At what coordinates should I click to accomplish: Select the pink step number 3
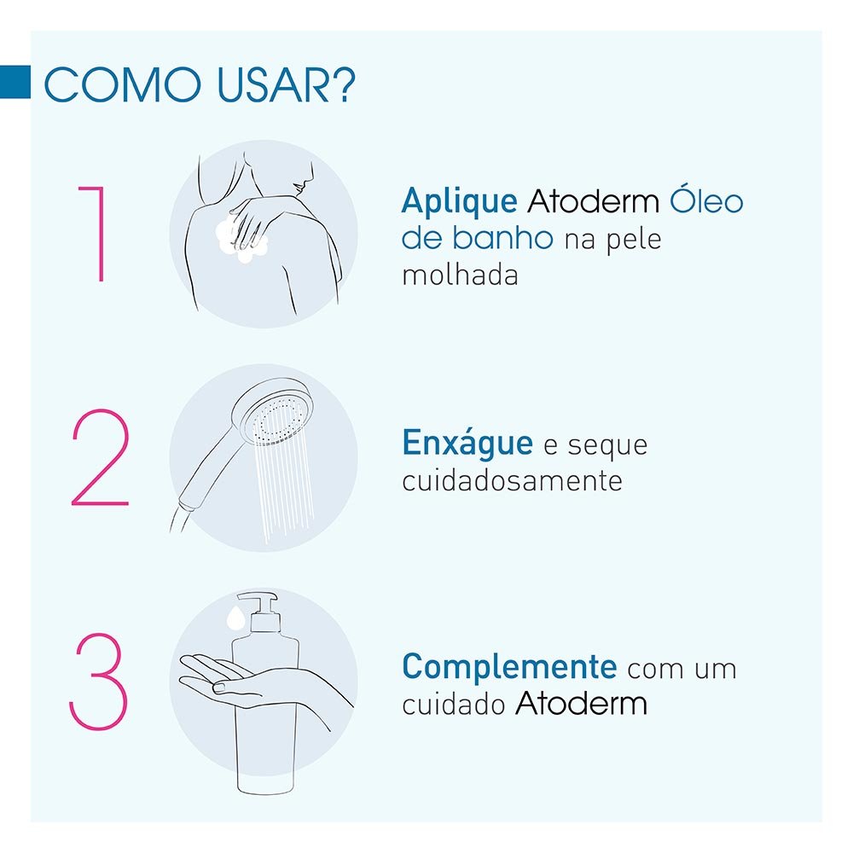[97, 682]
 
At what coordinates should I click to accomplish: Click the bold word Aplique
[459, 202]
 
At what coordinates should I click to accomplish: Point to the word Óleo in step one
[706, 201]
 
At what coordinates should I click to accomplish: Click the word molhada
[460, 276]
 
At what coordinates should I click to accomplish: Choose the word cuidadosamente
[512, 481]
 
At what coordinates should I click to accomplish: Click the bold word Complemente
[509, 666]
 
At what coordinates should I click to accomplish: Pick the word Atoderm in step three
[581, 705]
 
